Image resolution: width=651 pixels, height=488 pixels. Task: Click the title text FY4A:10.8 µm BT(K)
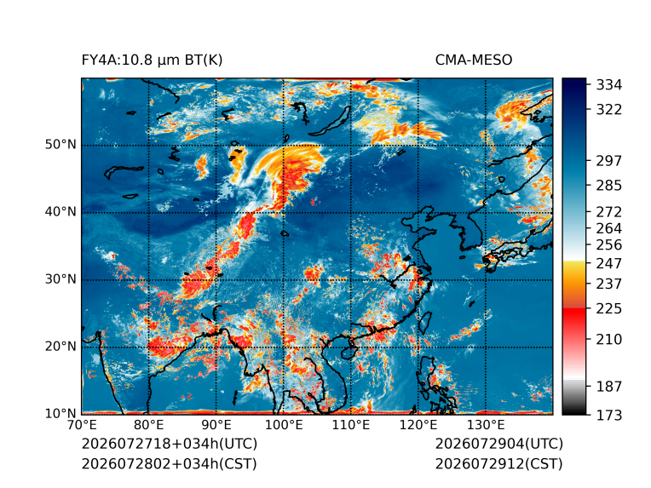pyautogui.click(x=152, y=60)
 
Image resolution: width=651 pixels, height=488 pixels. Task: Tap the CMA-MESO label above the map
pyautogui.click(x=474, y=60)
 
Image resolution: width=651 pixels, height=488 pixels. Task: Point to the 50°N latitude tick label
pyautogui.click(x=60, y=145)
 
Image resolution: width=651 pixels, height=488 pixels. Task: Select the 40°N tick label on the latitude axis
pyautogui.click(x=60, y=212)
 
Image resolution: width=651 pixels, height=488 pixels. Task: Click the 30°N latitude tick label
pyautogui.click(x=60, y=279)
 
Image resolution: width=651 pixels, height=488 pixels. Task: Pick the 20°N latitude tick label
pyautogui.click(x=60, y=347)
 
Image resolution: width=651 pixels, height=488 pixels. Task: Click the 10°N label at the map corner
pyautogui.click(x=60, y=414)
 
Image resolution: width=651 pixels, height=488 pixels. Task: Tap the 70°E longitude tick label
pyautogui.click(x=81, y=425)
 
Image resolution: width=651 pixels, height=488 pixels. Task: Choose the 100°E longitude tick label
pyautogui.click(x=284, y=425)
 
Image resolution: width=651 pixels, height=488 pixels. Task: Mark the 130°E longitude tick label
pyautogui.click(x=486, y=425)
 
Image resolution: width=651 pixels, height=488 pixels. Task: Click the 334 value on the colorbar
pyautogui.click(x=609, y=85)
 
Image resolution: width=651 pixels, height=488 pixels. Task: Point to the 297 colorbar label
pyautogui.click(x=609, y=161)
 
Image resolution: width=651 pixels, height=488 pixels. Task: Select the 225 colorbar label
pyautogui.click(x=609, y=309)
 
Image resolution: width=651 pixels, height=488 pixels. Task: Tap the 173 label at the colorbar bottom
pyautogui.click(x=609, y=415)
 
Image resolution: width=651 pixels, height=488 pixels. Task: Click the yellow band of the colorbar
pyautogui.click(x=574, y=267)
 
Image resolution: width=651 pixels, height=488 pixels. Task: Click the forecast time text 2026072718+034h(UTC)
pyautogui.click(x=170, y=444)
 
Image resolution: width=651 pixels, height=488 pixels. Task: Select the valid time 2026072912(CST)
pyautogui.click(x=499, y=464)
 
